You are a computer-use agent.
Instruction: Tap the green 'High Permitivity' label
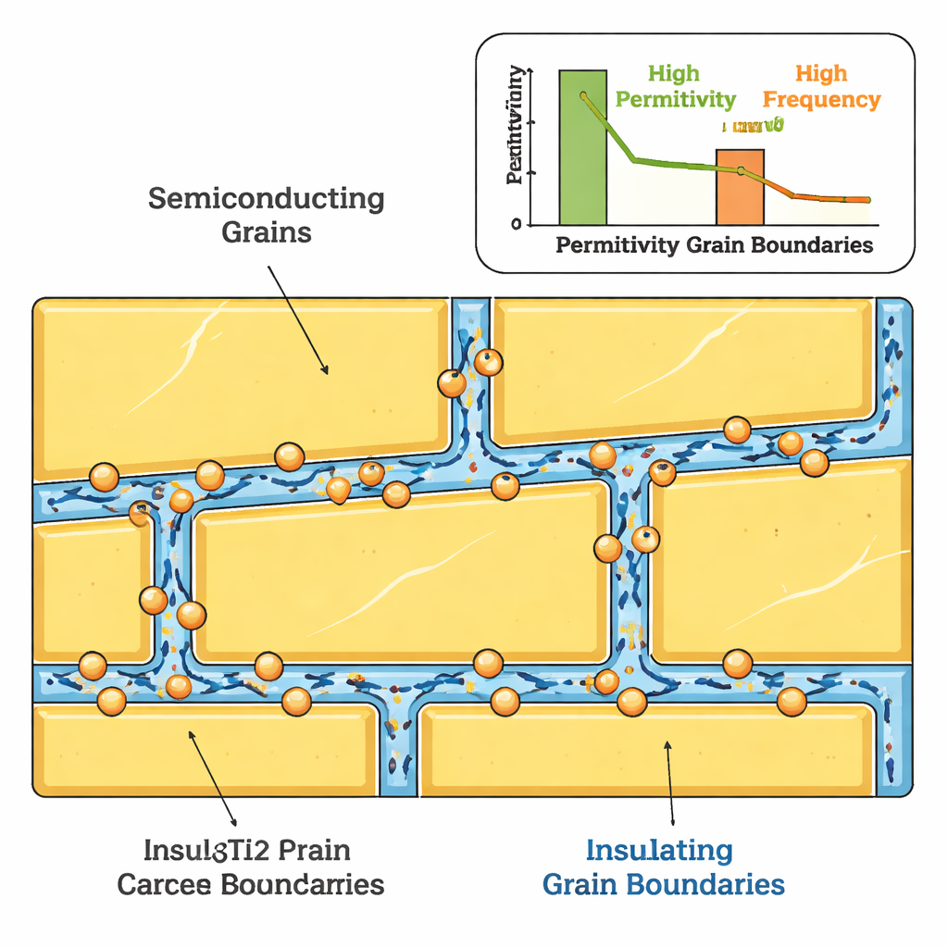(x=675, y=86)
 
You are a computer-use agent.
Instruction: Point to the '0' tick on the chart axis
(x=516, y=224)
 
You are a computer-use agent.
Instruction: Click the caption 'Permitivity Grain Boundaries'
(x=714, y=245)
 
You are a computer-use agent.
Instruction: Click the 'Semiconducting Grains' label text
(x=267, y=214)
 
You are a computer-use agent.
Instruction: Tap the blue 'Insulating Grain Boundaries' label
(x=663, y=867)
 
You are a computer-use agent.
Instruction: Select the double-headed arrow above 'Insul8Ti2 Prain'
(x=213, y=778)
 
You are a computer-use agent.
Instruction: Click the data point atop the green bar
(x=584, y=96)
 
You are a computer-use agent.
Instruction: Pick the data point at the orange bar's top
(x=742, y=169)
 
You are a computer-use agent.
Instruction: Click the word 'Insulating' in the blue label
(x=659, y=849)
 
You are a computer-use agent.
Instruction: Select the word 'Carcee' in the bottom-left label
(x=165, y=883)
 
